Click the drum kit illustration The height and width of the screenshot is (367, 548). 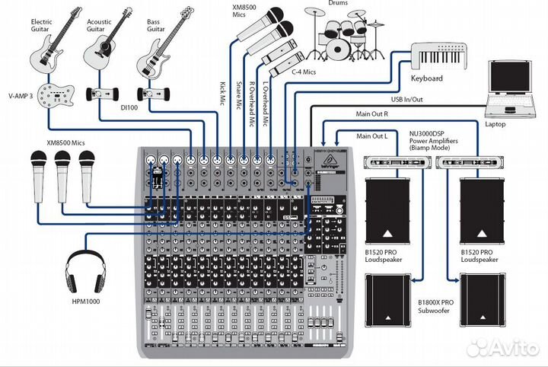tap(345, 36)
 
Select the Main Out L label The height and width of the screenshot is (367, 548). tap(372, 136)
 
